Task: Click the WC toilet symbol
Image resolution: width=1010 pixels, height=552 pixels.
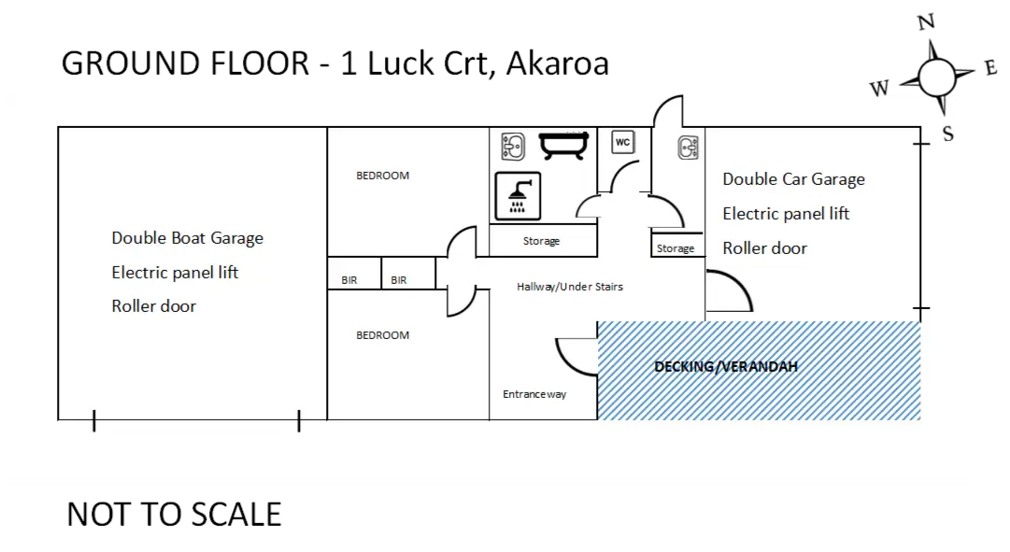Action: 622,142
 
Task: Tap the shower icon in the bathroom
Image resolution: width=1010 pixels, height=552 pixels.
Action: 517,196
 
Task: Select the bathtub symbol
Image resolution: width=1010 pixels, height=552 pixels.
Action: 566,144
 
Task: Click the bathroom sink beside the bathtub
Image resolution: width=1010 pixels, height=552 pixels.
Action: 512,144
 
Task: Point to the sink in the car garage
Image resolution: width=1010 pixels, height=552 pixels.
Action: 688,147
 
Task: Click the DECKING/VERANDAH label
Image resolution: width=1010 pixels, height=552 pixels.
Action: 726,367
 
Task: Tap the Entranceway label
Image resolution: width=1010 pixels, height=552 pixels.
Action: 534,394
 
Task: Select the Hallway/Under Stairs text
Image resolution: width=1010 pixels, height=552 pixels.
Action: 570,287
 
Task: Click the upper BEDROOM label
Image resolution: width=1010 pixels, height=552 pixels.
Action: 383,176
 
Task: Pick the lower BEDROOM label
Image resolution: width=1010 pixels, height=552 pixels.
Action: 383,335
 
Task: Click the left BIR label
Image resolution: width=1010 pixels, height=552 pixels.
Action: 349,280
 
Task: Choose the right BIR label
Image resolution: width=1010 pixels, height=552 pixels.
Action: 399,280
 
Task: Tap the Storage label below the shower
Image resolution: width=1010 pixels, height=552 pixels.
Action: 541,241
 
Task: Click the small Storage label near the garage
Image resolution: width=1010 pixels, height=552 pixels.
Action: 676,248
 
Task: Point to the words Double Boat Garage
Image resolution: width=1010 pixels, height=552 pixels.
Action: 188,238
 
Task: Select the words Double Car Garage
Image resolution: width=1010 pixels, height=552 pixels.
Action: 793,179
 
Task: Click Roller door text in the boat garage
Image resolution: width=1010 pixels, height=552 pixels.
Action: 154,306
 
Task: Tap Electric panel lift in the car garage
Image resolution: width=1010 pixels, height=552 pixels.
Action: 786,214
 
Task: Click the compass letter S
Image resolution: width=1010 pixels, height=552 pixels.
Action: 947,134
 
